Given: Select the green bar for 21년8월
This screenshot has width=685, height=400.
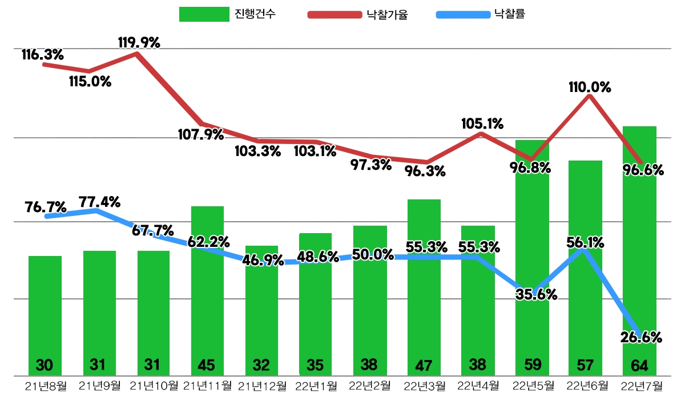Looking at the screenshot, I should [45, 314].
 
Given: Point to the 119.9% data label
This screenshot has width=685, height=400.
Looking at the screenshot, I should [139, 42].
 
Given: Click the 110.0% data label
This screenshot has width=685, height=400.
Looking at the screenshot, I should [590, 88].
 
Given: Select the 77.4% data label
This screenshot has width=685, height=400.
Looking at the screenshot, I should [99, 202].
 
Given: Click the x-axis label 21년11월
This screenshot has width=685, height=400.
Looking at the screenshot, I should [207, 386].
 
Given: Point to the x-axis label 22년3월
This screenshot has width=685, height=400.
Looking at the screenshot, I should [424, 386].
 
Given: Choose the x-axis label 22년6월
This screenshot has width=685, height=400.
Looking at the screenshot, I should [586, 386].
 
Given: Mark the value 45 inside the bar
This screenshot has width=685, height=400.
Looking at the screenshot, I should [207, 365].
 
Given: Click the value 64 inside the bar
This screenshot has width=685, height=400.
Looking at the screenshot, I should [639, 365].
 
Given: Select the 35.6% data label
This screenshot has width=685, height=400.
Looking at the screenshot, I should [536, 295].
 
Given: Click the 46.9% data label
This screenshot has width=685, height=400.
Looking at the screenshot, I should [263, 261].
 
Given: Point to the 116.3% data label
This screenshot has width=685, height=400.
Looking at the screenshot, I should [43, 55].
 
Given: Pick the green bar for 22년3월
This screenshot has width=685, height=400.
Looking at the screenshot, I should [424, 286].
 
